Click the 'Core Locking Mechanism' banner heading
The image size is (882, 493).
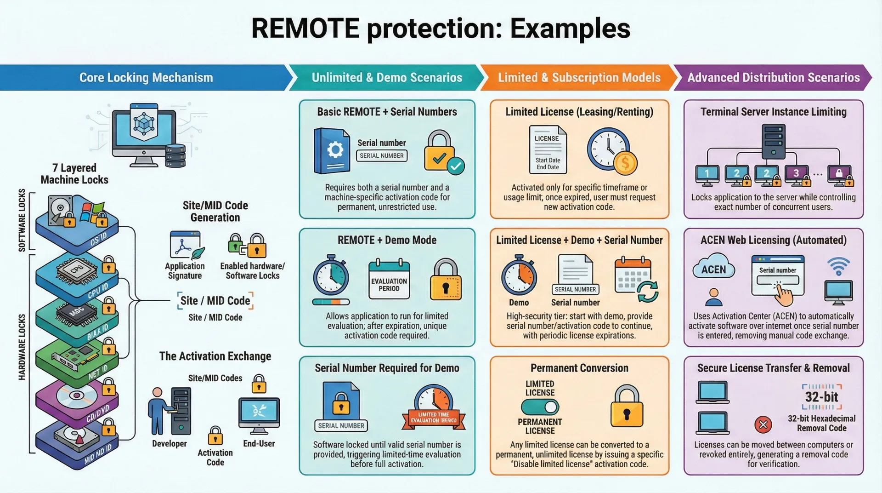[x=146, y=77]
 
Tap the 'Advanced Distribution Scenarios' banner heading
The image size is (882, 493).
[x=773, y=77]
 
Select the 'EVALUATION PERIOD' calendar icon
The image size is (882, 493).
[x=389, y=280]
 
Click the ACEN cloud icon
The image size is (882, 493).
[x=713, y=268]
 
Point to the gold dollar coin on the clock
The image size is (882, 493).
[x=625, y=163]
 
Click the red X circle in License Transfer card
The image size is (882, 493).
[x=763, y=424]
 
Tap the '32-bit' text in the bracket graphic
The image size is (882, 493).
[x=821, y=397]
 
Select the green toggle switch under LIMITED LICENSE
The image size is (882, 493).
[x=540, y=407]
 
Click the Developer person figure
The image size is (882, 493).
[x=158, y=411]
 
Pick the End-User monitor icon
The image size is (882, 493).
[x=259, y=414]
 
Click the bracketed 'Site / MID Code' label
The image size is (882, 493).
[x=215, y=301]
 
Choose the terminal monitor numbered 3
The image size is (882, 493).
[x=796, y=174]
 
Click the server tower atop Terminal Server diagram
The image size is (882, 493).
[x=773, y=142]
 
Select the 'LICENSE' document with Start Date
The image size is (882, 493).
[x=547, y=149]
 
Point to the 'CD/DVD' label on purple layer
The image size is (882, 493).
[x=98, y=413]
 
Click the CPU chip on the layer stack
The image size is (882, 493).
[x=77, y=270]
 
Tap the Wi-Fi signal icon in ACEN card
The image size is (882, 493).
[x=838, y=266]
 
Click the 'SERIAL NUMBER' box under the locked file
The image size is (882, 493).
[x=341, y=426]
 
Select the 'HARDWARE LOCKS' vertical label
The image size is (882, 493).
[x=22, y=347]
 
